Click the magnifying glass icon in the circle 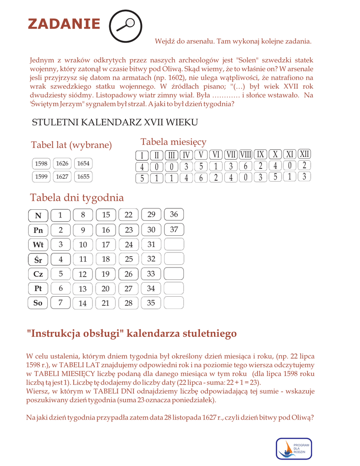point(126,25)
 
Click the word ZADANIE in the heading point(64,24)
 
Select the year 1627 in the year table point(62,177)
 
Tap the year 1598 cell point(41,163)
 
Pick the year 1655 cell point(83,177)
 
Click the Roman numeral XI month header point(290,155)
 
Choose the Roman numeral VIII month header point(245,155)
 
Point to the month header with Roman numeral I point(142,155)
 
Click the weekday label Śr point(38,259)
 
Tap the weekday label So point(38,303)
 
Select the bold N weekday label point(38,216)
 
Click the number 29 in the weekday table point(152,215)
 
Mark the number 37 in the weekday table point(174,230)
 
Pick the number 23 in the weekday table point(129,230)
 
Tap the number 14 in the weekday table point(83,304)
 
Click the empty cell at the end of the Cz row point(174,274)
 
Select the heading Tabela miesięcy point(173,142)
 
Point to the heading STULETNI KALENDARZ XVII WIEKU point(115,122)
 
